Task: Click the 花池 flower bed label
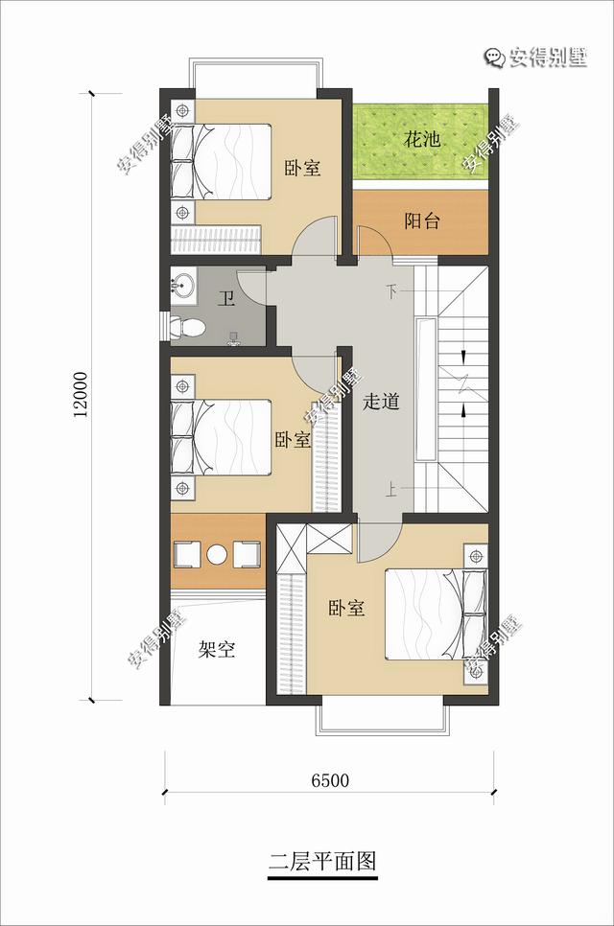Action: click(x=422, y=140)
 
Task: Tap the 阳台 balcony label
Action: click(x=422, y=220)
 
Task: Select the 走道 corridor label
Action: click(x=381, y=402)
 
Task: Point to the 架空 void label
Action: click(x=217, y=650)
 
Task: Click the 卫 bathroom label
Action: click(x=225, y=298)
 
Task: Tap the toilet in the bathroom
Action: click(x=187, y=327)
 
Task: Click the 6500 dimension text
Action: click(x=330, y=780)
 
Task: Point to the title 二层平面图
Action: click(x=322, y=861)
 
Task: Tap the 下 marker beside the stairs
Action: click(x=391, y=291)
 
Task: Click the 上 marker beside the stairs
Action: click(x=391, y=489)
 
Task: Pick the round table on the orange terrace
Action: click(x=217, y=554)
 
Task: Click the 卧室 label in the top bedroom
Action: click(x=302, y=168)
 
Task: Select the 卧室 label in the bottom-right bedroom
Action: click(x=347, y=609)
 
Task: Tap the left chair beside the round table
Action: click(x=188, y=554)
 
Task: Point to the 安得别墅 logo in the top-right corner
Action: click(x=536, y=58)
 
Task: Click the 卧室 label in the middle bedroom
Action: click(x=293, y=440)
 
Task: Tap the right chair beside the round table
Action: click(x=247, y=554)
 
